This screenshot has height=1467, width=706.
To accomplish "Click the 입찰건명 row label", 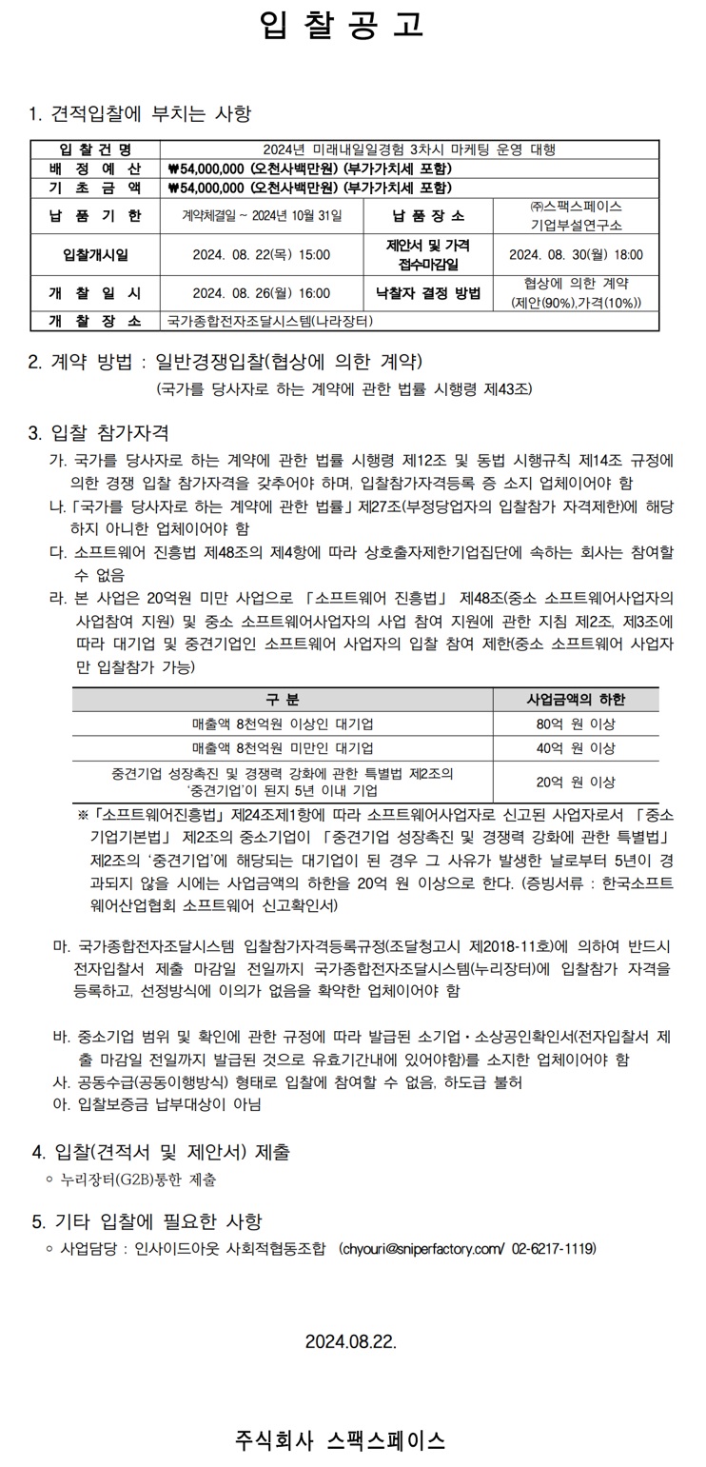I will [x=95, y=149].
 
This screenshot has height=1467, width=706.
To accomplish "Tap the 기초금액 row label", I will [x=95, y=188].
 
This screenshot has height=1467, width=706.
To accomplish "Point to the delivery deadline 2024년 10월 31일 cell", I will [x=262, y=216].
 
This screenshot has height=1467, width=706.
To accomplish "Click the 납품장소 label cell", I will [x=428, y=216].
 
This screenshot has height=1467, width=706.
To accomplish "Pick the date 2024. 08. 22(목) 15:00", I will [x=262, y=254].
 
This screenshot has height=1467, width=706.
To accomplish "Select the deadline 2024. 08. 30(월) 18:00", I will [x=576, y=254].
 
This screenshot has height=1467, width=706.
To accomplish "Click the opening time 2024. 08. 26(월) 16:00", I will [x=262, y=293].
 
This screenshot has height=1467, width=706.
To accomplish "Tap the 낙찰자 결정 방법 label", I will [x=428, y=293].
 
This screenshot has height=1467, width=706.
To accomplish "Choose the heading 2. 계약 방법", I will [x=225, y=362].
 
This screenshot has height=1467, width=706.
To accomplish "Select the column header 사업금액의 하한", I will [x=576, y=700].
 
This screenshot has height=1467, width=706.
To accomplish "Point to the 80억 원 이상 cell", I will [x=576, y=724].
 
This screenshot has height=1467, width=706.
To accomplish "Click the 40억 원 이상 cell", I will [x=576, y=748].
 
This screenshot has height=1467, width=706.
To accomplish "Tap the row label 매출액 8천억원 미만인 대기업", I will [x=283, y=748].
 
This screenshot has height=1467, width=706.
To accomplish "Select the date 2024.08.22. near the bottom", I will [x=350, y=1342].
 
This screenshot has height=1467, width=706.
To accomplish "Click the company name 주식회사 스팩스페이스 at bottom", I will [x=340, y=1440].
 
